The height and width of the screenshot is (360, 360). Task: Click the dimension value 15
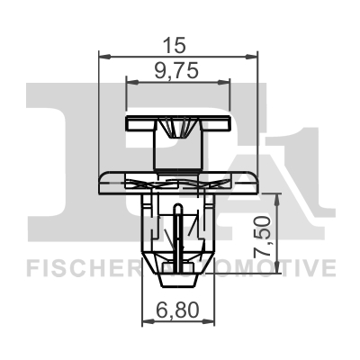(175, 45)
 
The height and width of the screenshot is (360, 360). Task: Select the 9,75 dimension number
(176, 71)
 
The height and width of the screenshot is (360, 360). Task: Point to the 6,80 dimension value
(177, 310)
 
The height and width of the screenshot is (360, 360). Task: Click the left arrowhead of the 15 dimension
(104, 56)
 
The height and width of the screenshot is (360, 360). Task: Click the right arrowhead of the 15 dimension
(251, 56)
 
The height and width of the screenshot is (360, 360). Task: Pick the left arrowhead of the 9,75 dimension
(132, 83)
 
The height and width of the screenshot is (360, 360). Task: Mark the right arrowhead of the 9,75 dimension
(224, 83)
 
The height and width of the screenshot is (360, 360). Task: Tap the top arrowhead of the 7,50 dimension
(277, 200)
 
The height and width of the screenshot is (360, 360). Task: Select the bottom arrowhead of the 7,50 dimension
(277, 267)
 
